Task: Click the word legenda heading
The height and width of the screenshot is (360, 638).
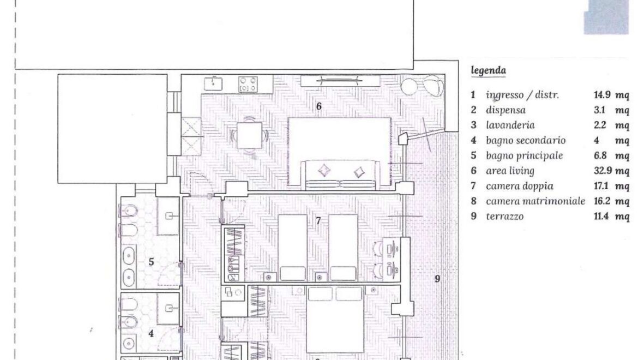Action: click(488, 71)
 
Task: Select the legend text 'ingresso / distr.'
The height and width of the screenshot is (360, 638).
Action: click(522, 95)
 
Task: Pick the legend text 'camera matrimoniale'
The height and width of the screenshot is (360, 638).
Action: click(535, 201)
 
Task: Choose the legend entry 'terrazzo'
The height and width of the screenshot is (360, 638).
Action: click(504, 217)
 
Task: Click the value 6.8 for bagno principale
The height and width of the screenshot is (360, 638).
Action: click(600, 156)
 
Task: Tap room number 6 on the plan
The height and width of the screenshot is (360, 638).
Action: click(319, 106)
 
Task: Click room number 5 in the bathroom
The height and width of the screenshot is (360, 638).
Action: click(152, 262)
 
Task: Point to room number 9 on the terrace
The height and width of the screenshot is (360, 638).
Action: click(437, 279)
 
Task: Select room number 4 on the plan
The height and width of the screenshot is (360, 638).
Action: click(152, 334)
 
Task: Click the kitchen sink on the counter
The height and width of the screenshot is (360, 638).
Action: click(213, 83)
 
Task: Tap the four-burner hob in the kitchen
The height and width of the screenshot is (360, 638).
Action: click(248, 84)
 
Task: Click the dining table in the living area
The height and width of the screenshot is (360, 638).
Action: click(249, 135)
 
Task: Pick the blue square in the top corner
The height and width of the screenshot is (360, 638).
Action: click(606, 17)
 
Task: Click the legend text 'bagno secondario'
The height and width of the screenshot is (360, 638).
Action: click(526, 141)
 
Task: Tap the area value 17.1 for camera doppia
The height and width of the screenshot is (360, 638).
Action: click(600, 186)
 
